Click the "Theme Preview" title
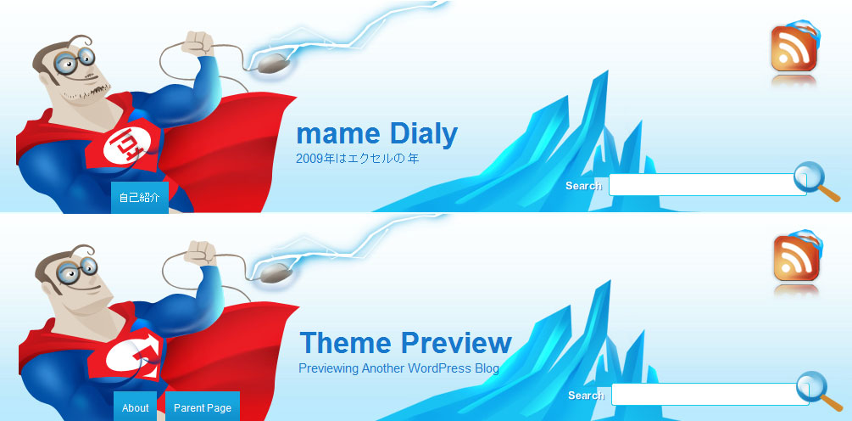coord(406,343)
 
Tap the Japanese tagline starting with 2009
coord(358,159)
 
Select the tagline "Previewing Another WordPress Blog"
coord(398,368)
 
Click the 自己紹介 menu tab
coord(140,198)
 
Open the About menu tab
coord(136,407)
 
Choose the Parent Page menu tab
coord(202,407)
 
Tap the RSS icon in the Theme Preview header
coord(797,256)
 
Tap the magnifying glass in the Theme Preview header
coord(819,391)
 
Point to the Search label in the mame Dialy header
coord(583,186)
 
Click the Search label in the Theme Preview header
coord(587,396)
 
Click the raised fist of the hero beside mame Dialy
coord(198,43)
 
